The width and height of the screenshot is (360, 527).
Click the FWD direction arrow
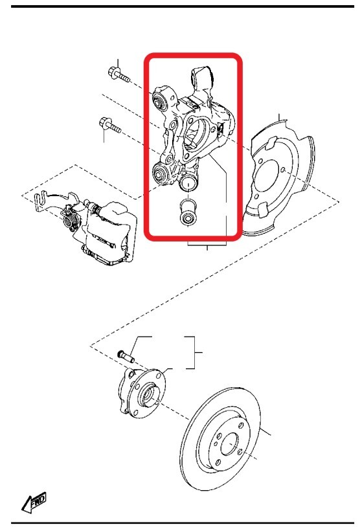[33, 503]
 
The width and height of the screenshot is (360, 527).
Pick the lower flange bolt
[110, 126]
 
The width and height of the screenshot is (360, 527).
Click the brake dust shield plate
[279, 178]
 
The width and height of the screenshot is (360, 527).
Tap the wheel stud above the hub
[126, 357]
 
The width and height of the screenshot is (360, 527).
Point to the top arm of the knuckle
[203, 81]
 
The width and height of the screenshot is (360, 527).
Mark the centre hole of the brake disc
[229, 443]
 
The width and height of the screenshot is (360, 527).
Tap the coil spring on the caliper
[70, 220]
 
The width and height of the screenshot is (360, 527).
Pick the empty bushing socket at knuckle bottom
[188, 183]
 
